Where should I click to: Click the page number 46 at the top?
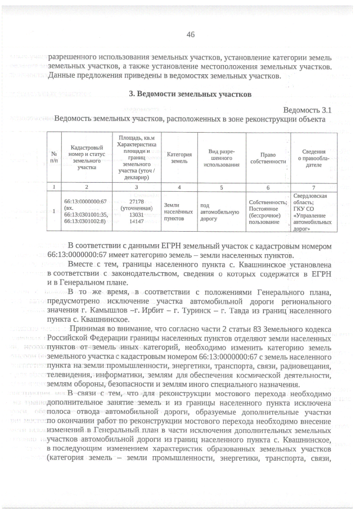coord(190,34)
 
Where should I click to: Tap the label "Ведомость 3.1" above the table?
coord(309,110)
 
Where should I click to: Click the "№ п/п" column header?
coord(54,158)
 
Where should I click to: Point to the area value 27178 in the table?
coord(137,200)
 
